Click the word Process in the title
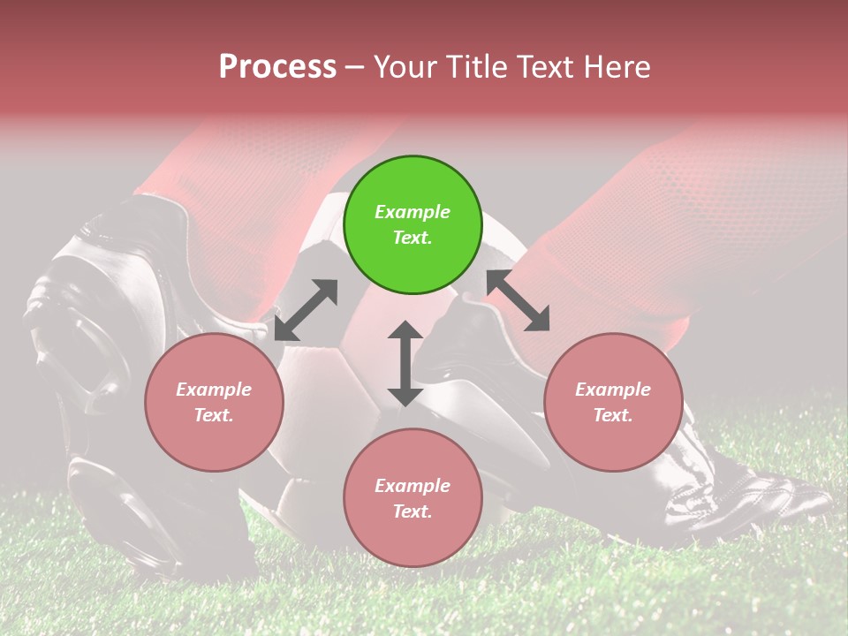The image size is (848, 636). (x=277, y=67)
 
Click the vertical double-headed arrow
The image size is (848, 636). (x=405, y=363)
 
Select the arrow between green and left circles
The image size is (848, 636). (x=306, y=310)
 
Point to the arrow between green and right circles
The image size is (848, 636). (x=519, y=301)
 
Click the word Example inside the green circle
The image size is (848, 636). (x=413, y=212)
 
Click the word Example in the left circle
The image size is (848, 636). (x=214, y=390)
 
